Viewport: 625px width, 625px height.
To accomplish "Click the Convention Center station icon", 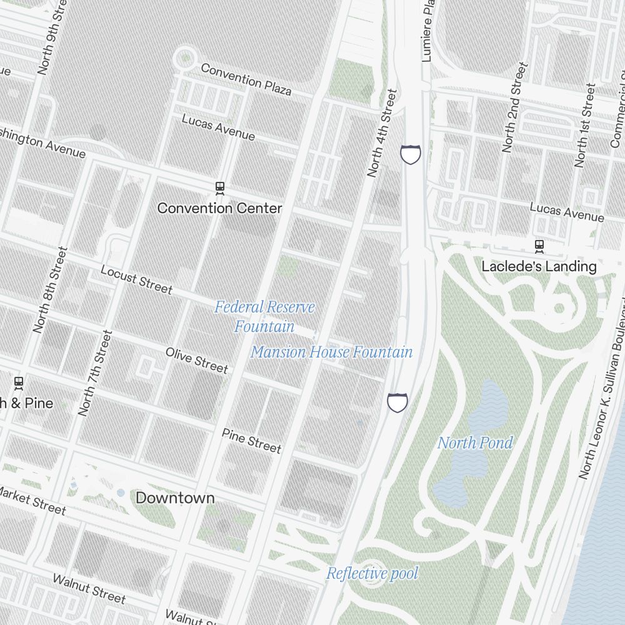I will [219, 187].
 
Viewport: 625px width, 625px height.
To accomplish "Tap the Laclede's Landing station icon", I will [539, 246].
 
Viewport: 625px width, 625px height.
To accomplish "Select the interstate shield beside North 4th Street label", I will [411, 154].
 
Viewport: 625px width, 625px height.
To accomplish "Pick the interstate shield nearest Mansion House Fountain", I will [397, 402].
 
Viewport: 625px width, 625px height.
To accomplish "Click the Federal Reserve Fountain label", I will [264, 316].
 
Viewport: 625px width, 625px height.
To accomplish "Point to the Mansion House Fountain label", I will [331, 352].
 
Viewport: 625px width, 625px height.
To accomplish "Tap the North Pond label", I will [475, 443].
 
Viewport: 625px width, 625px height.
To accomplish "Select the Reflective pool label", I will [372, 573].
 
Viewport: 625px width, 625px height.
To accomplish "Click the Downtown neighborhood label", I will [175, 498].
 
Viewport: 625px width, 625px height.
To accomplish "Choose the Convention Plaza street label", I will [246, 79].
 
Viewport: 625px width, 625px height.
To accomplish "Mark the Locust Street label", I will [136, 279].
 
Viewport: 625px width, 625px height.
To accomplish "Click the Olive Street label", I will [197, 360].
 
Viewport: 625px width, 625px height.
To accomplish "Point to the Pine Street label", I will [251, 440].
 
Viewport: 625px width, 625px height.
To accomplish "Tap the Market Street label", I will [31, 500].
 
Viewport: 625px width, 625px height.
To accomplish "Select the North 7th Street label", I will [95, 373].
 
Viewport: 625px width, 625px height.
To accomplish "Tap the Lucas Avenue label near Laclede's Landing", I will [567, 212].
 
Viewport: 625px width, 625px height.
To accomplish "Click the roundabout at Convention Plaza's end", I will [185, 60].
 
